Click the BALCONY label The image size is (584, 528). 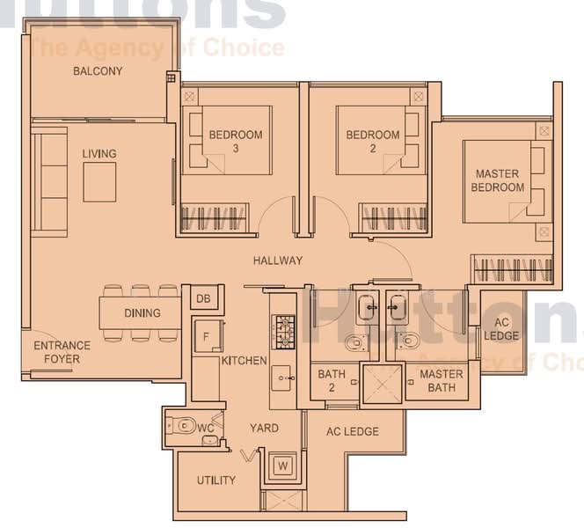click(98, 70)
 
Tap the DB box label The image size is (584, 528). click(203, 298)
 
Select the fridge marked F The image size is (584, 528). click(208, 336)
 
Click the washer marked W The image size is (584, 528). click(283, 466)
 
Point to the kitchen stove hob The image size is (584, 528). click(282, 332)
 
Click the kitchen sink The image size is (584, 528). click(281, 378)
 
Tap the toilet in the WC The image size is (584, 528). click(182, 425)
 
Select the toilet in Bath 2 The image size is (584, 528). click(355, 342)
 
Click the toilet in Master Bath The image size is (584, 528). click(409, 341)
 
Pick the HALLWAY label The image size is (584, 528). click(278, 260)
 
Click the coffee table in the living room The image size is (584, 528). click(99, 182)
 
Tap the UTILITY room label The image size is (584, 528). click(216, 480)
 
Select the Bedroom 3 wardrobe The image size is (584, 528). click(214, 218)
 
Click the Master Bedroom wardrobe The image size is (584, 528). click(512, 269)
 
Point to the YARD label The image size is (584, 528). click(264, 428)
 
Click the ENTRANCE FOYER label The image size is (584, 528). click(62, 352)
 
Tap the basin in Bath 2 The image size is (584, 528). click(368, 307)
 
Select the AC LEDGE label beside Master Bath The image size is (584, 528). click(501, 329)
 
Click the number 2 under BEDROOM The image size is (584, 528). click(373, 149)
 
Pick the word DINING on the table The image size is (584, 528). click(142, 313)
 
